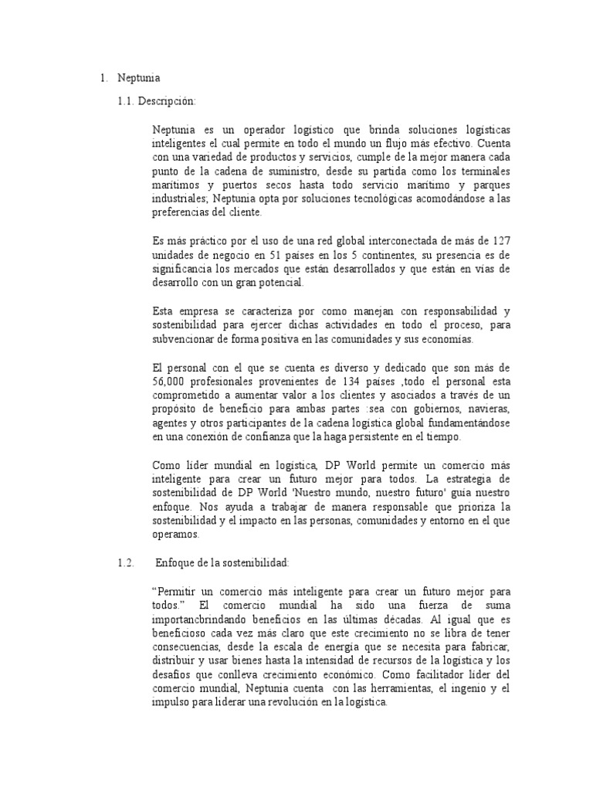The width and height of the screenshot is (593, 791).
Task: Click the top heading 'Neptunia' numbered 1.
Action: (x=139, y=78)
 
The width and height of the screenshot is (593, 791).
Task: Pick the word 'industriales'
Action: (x=181, y=200)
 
